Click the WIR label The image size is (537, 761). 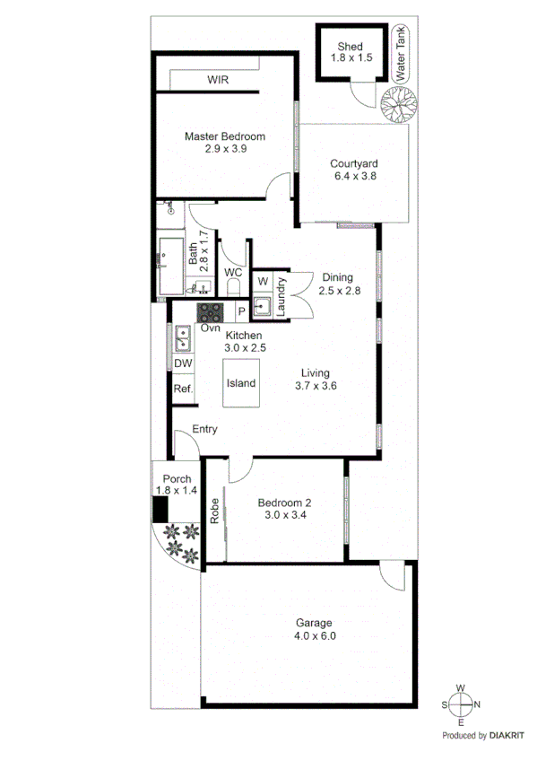point(218,80)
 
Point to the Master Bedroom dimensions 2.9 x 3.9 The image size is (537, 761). point(224,149)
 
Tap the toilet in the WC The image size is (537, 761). point(234,286)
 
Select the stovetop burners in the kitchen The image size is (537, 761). point(211,313)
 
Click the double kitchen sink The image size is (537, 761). point(183,338)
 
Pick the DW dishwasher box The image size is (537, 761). point(183,363)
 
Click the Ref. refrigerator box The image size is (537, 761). point(183,389)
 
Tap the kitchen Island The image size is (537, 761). point(240,383)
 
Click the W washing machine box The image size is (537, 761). point(262,282)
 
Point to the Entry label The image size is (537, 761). point(204,430)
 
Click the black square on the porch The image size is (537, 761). point(159,511)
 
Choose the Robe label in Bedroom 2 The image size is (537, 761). point(214,511)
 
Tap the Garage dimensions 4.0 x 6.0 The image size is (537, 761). point(314,636)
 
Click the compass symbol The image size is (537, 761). point(460,704)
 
